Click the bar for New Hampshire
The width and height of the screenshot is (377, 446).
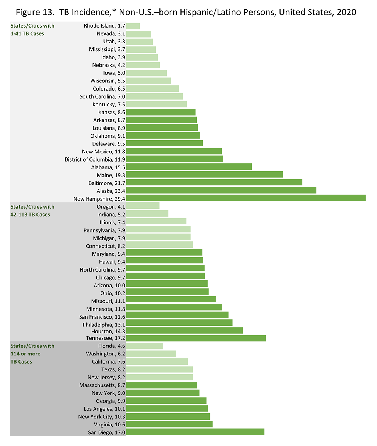[x=246, y=198]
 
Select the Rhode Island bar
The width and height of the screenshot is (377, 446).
[x=133, y=26]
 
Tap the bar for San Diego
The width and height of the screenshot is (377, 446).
[x=195, y=432]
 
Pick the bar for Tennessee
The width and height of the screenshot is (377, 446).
[x=196, y=338]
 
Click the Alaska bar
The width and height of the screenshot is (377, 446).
[x=221, y=190]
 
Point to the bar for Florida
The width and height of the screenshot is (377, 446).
[x=144, y=346]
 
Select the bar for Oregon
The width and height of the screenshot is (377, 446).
[x=143, y=206]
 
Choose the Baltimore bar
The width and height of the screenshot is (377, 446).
[x=214, y=183]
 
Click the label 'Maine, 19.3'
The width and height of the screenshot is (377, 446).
[x=111, y=175]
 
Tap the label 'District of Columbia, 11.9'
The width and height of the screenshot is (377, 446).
[x=95, y=159]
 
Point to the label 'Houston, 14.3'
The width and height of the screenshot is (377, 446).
[x=108, y=332]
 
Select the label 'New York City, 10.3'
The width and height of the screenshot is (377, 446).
[x=102, y=417]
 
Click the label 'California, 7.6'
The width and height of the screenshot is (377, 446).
[x=109, y=362]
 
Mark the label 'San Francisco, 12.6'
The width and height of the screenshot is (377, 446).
[x=102, y=317]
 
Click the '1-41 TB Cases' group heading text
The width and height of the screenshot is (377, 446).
[x=27, y=33]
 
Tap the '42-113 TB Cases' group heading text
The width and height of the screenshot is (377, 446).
[x=30, y=215]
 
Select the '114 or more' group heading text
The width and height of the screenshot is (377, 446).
[x=25, y=354]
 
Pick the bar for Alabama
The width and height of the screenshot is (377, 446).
[x=189, y=167]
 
